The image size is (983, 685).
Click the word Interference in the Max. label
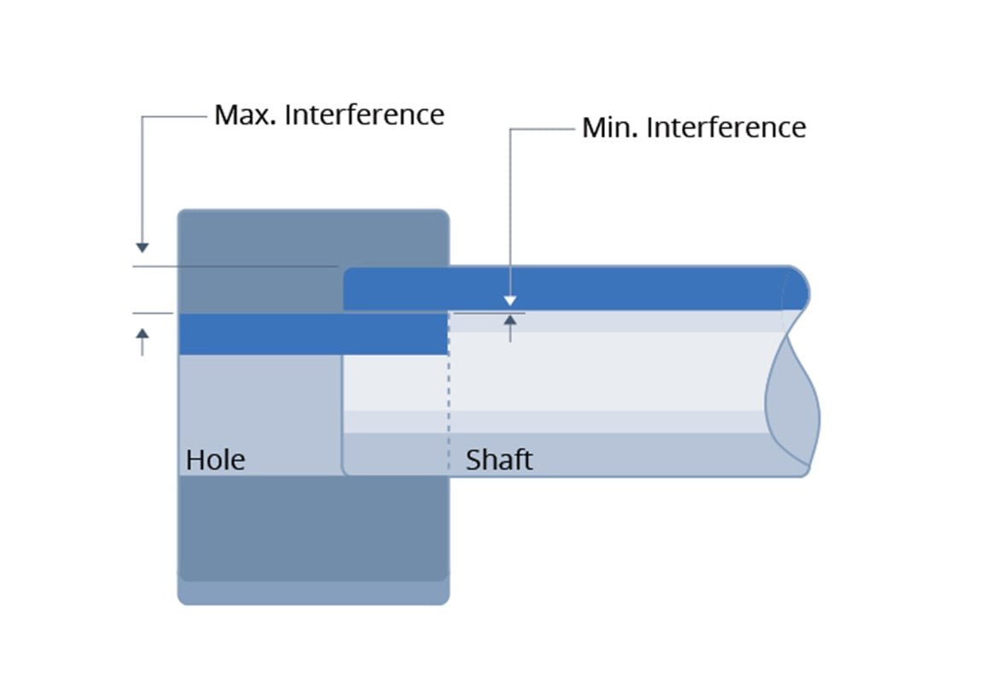[364, 114]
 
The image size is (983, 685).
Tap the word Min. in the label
[611, 128]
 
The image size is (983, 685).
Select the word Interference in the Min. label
[725, 128]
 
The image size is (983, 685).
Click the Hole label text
[215, 460]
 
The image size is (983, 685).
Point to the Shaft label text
[498, 460]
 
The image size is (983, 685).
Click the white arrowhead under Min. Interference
[510, 301]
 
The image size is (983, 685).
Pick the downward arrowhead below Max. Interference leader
[143, 248]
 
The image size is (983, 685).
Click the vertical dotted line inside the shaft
[449, 401]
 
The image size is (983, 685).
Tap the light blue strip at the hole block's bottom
[312, 593]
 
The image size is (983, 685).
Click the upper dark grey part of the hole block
[256, 248]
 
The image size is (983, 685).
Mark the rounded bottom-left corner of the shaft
[346, 471]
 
